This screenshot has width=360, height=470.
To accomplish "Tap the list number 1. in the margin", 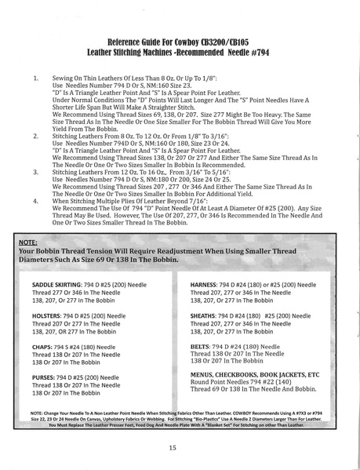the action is click(35, 80).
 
